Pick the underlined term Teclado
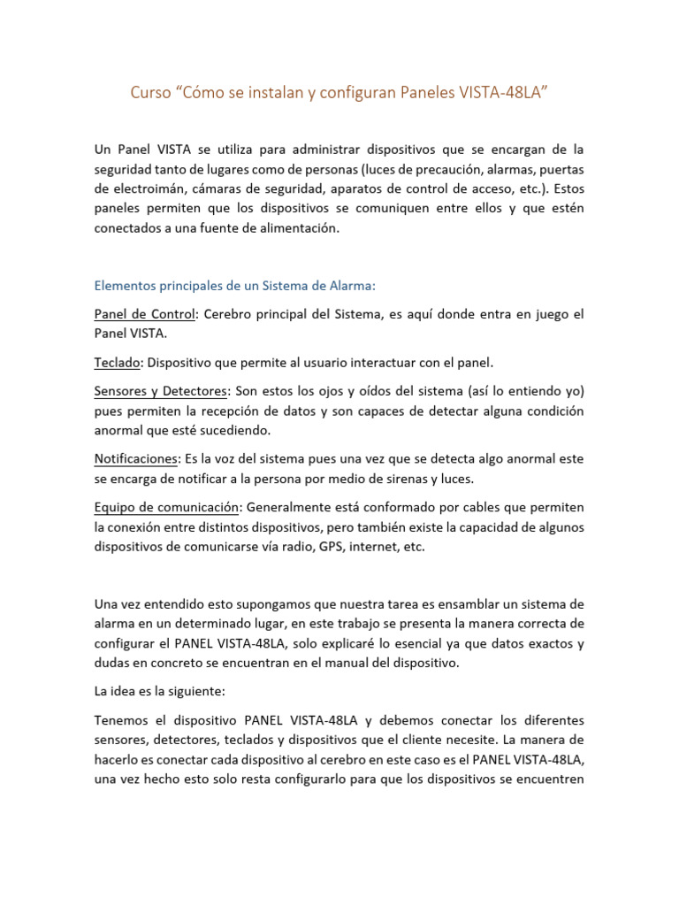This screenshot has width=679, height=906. pos(118,362)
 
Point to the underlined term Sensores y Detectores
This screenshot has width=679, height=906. pos(161,391)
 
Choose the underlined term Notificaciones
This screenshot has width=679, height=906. pos(135,458)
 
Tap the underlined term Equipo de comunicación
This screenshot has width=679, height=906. pos(166,507)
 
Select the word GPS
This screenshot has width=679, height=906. pos(332,546)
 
